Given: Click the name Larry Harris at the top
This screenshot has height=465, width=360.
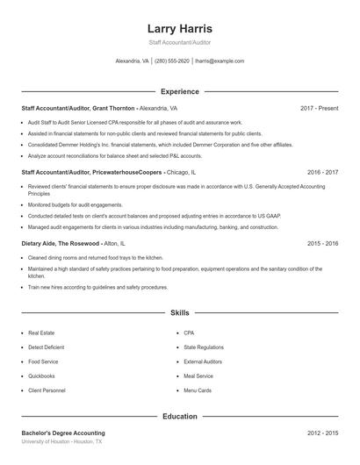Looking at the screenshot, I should pos(179,29).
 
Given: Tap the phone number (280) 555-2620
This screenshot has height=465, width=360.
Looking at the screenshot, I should pos(172,61).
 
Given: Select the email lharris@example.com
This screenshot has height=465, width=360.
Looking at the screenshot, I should pos(220,61).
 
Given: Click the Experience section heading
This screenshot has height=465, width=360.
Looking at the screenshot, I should pos(179,91).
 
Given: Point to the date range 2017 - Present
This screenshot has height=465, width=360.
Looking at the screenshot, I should pos(319,108).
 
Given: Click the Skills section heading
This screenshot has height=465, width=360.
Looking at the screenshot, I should pos(179,312).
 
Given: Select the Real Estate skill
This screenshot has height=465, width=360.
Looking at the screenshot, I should pos(41,333).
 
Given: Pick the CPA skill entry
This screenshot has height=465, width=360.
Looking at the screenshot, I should pos(189,333).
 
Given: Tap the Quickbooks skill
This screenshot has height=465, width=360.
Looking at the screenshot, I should pos(42,376).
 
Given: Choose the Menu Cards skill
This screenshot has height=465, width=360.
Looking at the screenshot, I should pos(197,390).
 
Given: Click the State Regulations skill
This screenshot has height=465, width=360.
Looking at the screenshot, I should pos(203,347).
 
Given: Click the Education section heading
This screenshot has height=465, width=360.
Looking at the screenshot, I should pos(179,417).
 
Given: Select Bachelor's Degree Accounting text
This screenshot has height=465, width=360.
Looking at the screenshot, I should pos(63,433).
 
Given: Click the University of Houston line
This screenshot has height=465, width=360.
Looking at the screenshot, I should pos(61,442).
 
